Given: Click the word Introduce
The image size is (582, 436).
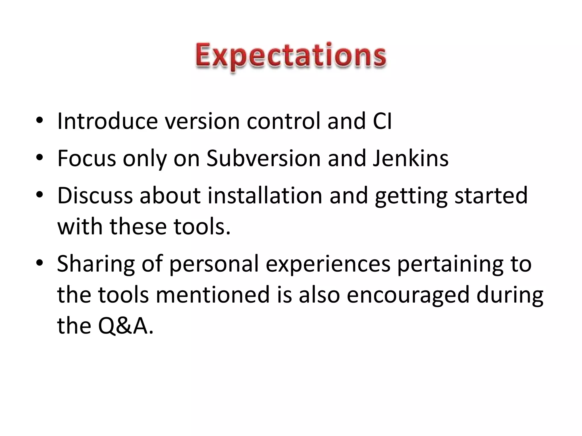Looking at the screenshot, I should (107, 121).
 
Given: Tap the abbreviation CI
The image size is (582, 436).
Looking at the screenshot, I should (382, 121).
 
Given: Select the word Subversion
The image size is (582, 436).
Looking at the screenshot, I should (263, 158).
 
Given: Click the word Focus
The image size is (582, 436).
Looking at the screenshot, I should (87, 158).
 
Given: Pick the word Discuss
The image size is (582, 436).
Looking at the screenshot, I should (95, 196).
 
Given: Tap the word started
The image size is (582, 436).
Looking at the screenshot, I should (491, 196).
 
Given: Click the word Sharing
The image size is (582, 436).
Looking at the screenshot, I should (96, 264).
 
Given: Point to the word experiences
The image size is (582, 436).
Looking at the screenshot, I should (328, 264).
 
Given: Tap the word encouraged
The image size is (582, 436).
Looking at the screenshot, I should (408, 295).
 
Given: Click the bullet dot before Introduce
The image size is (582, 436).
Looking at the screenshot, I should (40, 121).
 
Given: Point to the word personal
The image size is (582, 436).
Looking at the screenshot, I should (214, 264).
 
